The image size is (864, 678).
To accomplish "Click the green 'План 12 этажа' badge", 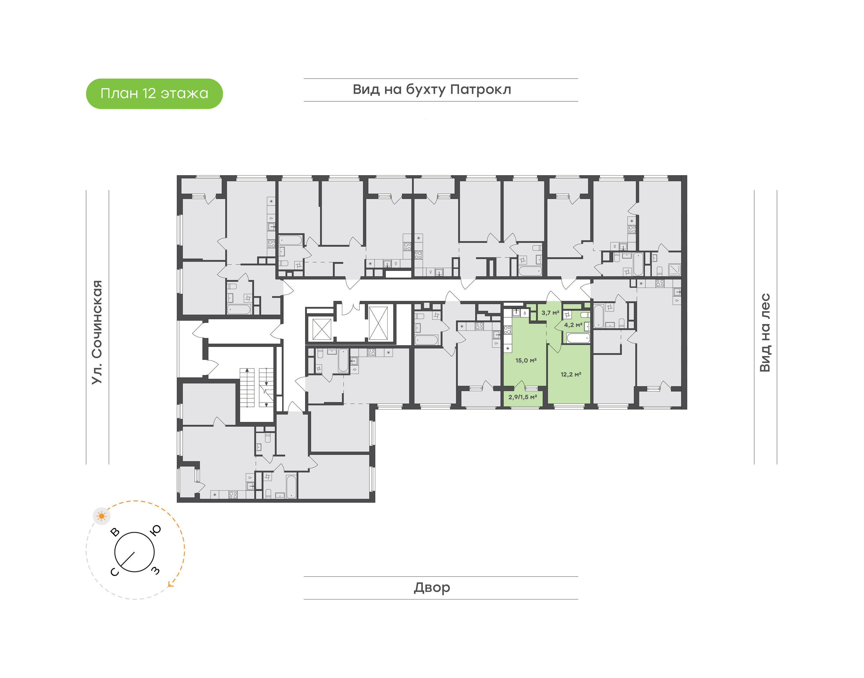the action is tap(154, 94).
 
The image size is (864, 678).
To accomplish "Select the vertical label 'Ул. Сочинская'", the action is tap(97, 332).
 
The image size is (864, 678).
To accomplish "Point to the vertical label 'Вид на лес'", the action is tap(765, 333).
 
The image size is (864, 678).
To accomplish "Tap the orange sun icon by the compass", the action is tap(102, 516).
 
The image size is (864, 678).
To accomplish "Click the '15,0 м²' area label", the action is tap(526, 360).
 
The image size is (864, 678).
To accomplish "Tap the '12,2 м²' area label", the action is tap(571, 374).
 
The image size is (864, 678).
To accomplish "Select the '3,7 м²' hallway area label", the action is tap(550, 313).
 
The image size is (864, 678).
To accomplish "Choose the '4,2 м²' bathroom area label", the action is tap(573, 325).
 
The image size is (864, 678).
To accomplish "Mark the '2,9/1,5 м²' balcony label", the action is tap(523, 397).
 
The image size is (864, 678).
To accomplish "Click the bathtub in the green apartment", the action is tap(578, 338).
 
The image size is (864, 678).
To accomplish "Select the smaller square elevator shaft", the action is tap(322, 329).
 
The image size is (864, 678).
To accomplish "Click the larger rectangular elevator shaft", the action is tap(378, 323).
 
